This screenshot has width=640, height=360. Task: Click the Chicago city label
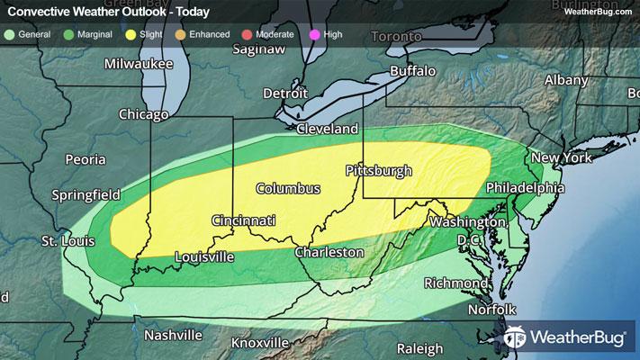coord(144,114)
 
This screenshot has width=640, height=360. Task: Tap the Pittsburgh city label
coord(379,170)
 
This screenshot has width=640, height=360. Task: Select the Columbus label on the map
coord(288,189)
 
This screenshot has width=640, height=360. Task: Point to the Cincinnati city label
coord(243,220)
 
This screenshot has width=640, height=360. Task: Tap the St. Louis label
coord(65,241)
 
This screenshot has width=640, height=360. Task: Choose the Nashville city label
coord(171,335)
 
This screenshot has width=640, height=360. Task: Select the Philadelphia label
coord(525,188)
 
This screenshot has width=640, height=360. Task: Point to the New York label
coord(561,157)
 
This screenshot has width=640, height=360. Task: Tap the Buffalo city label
coord(412,70)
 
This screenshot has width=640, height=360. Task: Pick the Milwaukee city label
coord(137,64)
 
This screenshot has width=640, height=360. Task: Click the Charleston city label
coord(329,252)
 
